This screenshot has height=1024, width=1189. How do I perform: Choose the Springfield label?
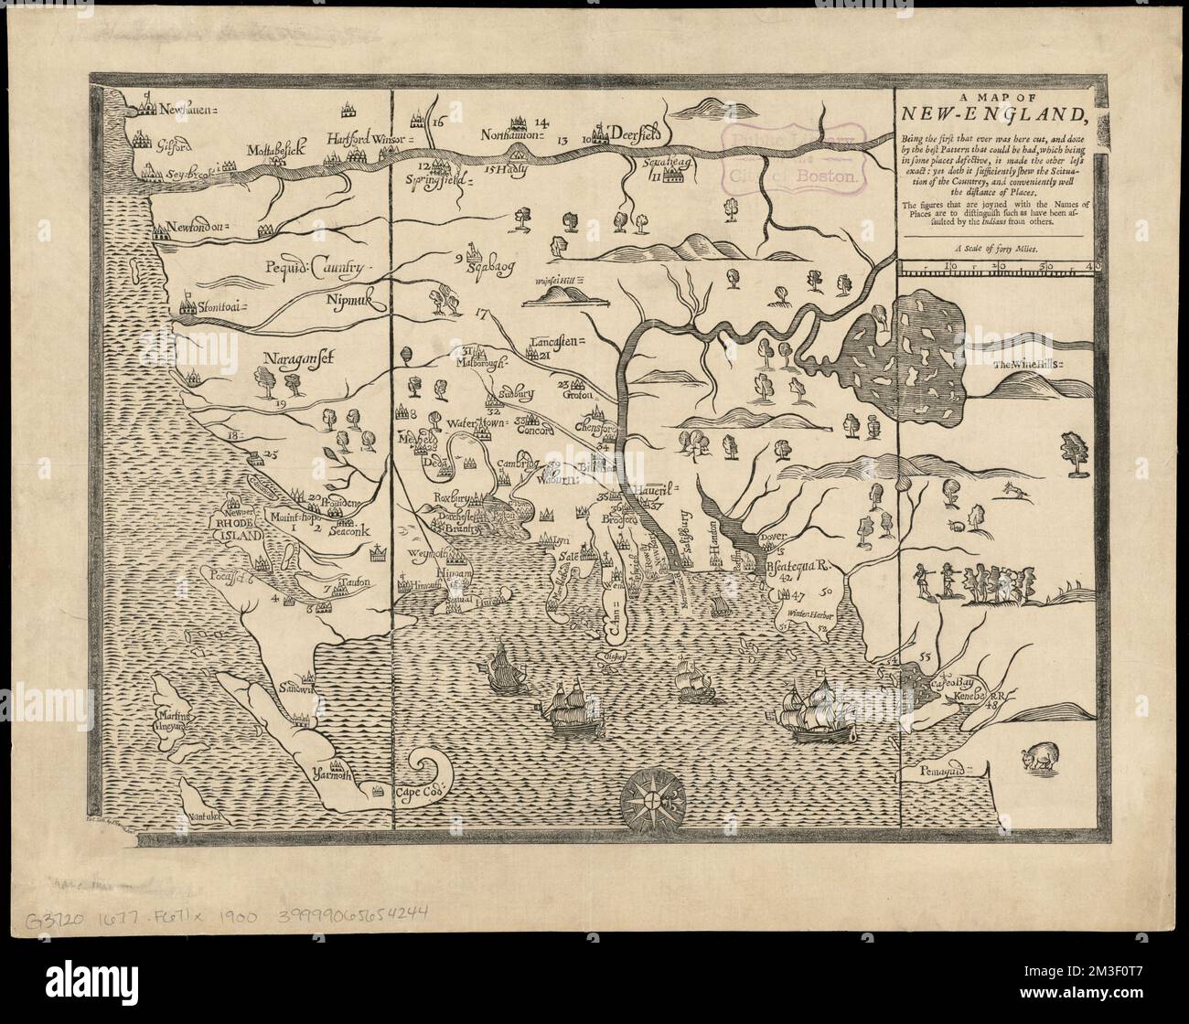445,180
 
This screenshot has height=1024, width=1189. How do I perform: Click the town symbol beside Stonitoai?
187,308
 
